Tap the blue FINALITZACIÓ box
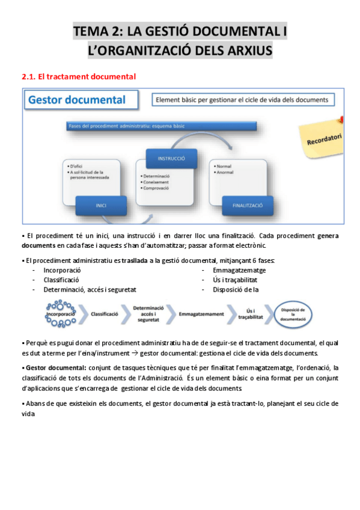pyautogui.click(x=248, y=205)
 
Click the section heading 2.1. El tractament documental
pyautogui.click(x=79, y=76)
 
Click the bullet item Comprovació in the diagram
pyautogui.click(x=159, y=188)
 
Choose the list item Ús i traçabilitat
pyautogui.click(x=235, y=280)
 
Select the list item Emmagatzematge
pyautogui.click(x=239, y=270)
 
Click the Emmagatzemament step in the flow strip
pyautogui.click(x=201, y=314)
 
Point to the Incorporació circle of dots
pyautogui.click(x=61, y=314)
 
